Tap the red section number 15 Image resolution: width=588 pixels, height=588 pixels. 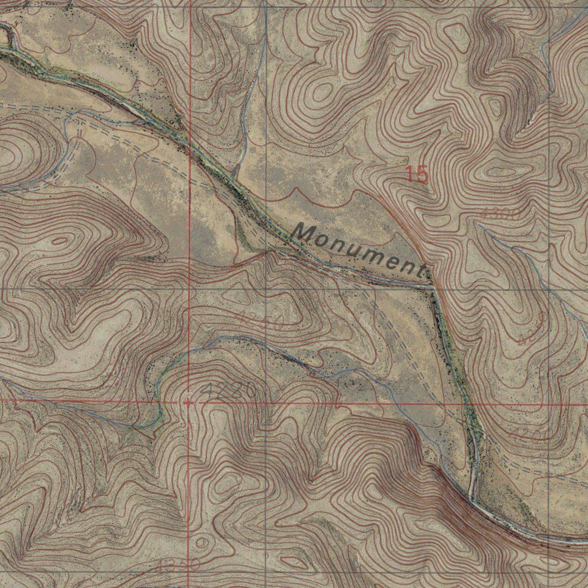click(x=417, y=175)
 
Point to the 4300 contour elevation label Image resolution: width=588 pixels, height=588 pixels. click(x=501, y=214)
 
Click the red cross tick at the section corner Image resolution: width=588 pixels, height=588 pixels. click(x=188, y=403)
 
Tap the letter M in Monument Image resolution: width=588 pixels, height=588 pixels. click(x=304, y=233)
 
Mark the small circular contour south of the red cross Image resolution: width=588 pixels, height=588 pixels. click(x=202, y=541)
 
